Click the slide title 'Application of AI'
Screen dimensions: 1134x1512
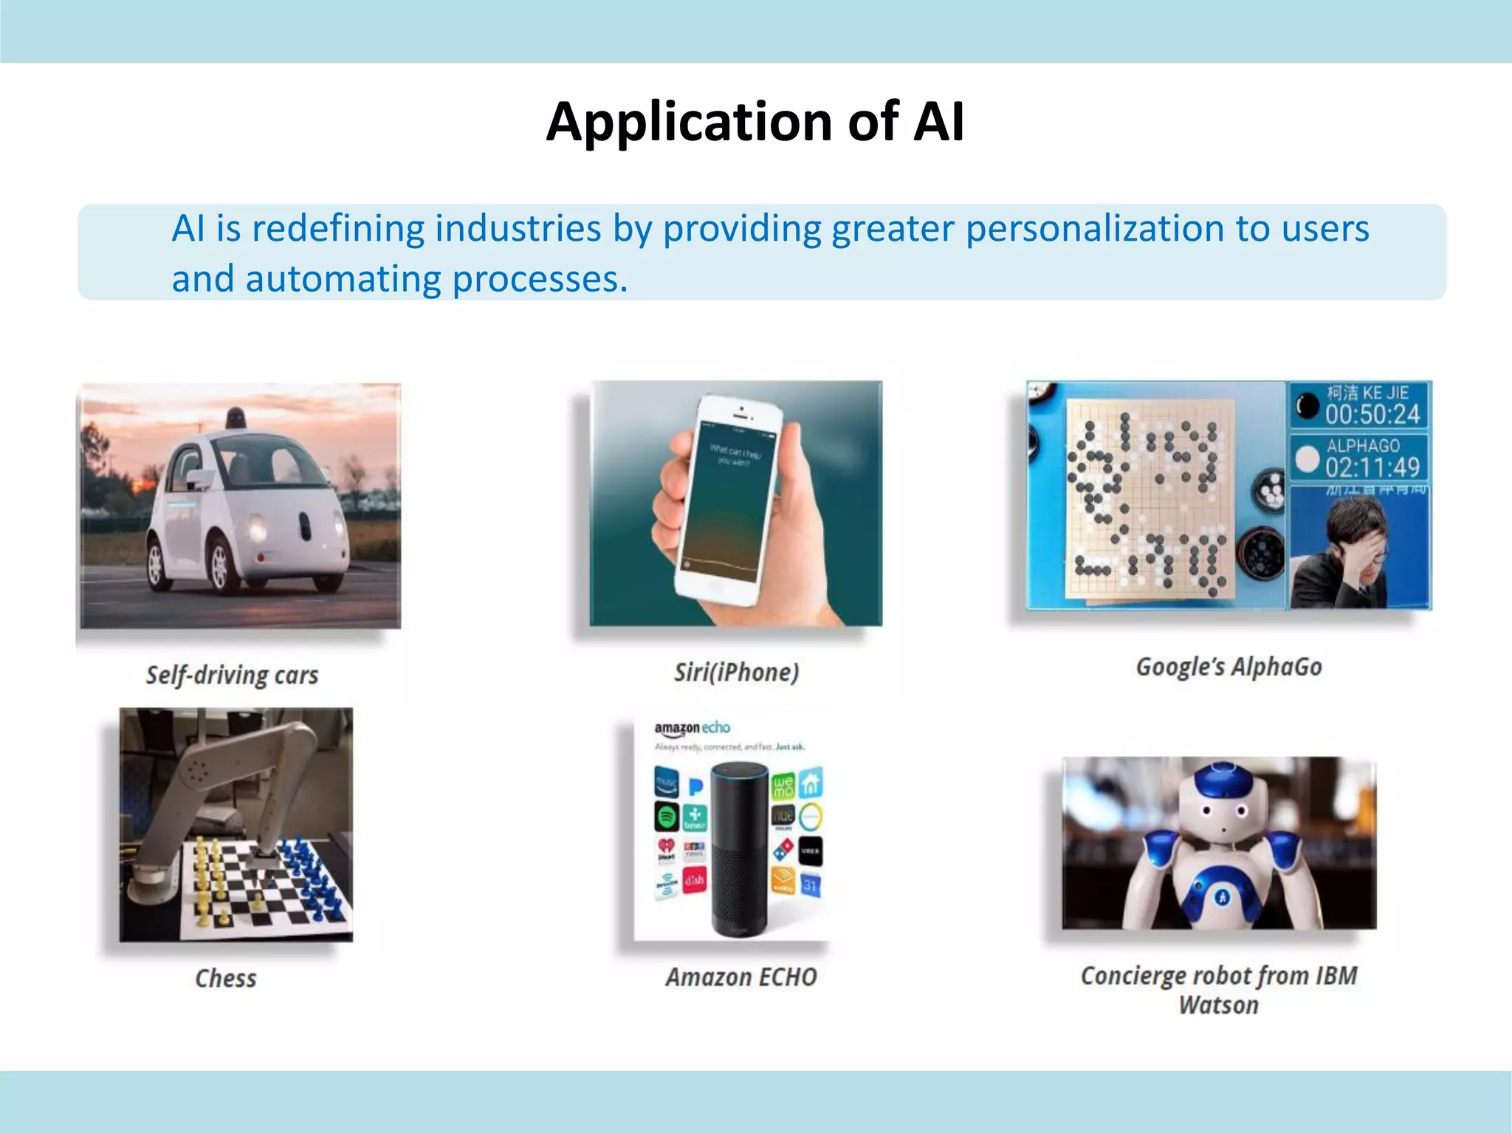pyautogui.click(x=755, y=122)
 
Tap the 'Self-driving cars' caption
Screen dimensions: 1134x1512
pyautogui.click(x=232, y=675)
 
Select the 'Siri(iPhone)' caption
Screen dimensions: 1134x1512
pyautogui.click(x=736, y=672)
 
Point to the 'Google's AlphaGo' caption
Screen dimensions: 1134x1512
pyautogui.click(x=1228, y=667)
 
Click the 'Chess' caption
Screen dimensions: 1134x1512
pyautogui.click(x=226, y=978)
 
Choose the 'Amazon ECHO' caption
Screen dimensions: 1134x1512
pyautogui.click(x=741, y=977)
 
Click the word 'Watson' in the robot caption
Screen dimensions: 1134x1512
pyautogui.click(x=1218, y=1006)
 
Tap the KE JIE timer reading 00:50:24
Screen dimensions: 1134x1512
pyautogui.click(x=1372, y=414)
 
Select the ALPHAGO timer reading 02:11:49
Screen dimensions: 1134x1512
pyautogui.click(x=1372, y=467)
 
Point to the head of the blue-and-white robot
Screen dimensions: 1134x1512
pyautogui.click(x=1222, y=801)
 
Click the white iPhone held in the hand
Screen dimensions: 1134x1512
pyautogui.click(x=727, y=502)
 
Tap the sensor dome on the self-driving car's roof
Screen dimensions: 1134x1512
pyautogui.click(x=236, y=418)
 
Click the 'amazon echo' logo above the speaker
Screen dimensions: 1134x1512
pyautogui.click(x=692, y=728)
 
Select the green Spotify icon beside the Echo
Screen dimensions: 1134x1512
pyautogui.click(x=666, y=817)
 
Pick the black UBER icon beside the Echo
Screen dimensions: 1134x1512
pyautogui.click(x=810, y=851)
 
